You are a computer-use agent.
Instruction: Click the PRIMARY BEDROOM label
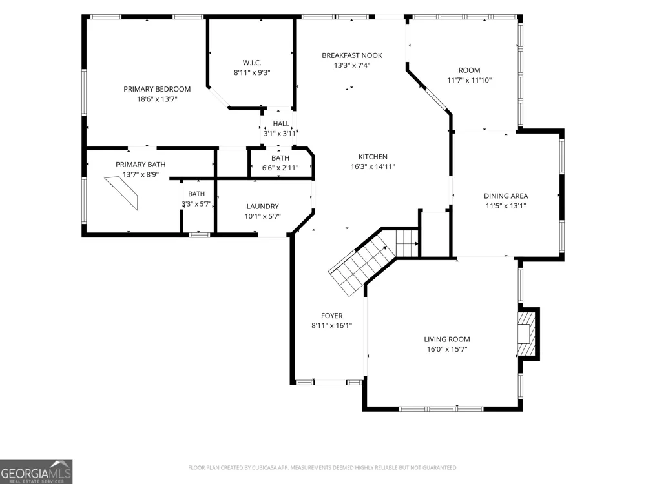157,89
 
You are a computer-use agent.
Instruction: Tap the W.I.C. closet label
252,63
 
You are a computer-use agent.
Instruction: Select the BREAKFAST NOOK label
352,55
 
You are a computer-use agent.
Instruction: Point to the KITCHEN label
373,156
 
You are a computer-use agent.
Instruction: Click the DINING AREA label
506,196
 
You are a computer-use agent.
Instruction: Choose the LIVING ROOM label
447,339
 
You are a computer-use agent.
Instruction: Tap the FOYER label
331,316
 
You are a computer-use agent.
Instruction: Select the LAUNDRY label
262,207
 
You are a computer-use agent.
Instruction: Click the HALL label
281,123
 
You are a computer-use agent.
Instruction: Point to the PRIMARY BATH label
140,164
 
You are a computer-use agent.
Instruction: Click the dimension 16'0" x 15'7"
447,349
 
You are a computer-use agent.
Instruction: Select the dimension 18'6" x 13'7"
157,99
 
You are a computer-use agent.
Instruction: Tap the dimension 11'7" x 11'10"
469,80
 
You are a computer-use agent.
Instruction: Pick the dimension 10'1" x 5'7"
262,216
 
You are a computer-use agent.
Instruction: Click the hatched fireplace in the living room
527,334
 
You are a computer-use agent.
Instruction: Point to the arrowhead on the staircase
385,248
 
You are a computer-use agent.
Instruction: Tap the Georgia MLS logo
36,472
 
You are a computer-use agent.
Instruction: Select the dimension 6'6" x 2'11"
280,168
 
